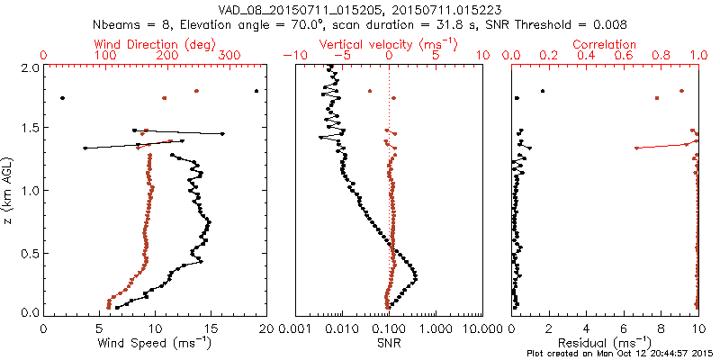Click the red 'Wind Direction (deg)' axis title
tap(155, 44)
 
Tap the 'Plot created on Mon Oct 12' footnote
tap(622, 354)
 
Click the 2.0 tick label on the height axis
tap(30, 67)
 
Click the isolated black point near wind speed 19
tap(256, 91)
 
